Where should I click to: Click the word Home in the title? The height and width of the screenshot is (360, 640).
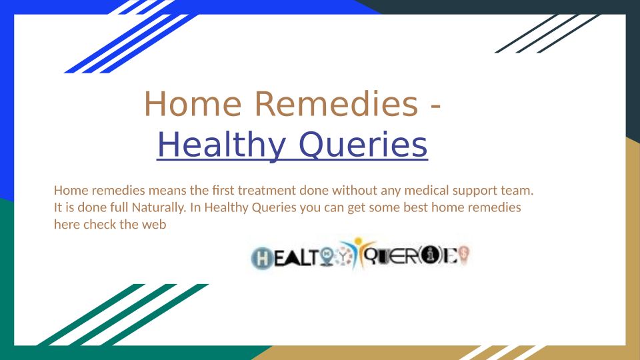193,104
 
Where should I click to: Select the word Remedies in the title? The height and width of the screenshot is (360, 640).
337,104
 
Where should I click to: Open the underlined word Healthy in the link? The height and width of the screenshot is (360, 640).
221,145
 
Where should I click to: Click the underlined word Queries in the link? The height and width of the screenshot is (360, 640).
363,145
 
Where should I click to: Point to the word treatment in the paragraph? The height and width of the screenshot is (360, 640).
267,191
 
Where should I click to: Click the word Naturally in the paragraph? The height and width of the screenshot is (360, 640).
159,208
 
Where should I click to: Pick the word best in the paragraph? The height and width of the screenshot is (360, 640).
415,208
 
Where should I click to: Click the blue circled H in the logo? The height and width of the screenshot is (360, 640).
262,258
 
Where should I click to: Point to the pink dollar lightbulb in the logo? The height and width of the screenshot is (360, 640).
464,255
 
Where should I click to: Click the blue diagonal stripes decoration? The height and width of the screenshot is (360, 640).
131,37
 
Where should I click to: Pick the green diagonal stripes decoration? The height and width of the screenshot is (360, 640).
123,315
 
